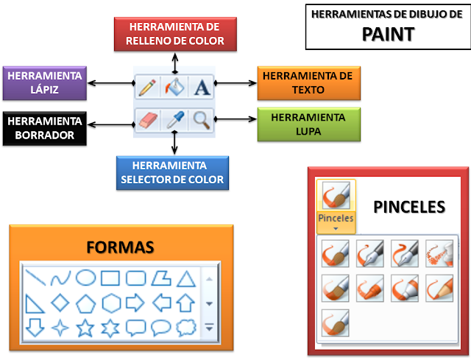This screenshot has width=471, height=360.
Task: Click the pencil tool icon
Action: (x=146, y=88)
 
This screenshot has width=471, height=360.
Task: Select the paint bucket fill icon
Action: (x=174, y=88)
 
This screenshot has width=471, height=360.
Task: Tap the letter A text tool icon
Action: (x=202, y=88)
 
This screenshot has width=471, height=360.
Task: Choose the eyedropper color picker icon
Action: (x=174, y=119)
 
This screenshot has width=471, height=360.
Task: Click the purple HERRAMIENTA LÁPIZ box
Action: (x=43, y=84)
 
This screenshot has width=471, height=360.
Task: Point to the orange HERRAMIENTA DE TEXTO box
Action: (x=308, y=83)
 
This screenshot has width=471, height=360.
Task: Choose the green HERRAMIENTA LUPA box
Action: (x=308, y=124)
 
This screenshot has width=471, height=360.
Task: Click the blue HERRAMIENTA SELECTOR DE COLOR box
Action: (x=170, y=172)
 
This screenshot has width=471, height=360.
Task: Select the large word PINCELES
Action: (x=409, y=206)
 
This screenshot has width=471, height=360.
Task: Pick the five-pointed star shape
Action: (x=86, y=327)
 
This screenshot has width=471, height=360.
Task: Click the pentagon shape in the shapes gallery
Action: (x=86, y=303)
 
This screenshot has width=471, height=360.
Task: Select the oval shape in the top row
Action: (x=86, y=278)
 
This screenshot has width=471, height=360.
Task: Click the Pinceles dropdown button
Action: (x=336, y=205)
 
